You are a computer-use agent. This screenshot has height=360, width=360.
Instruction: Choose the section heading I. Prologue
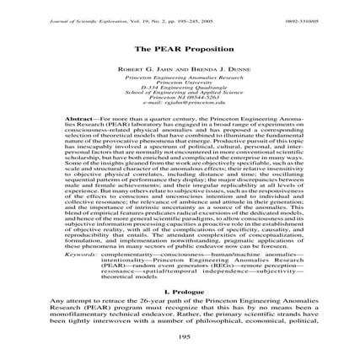(x=180, y=292)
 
